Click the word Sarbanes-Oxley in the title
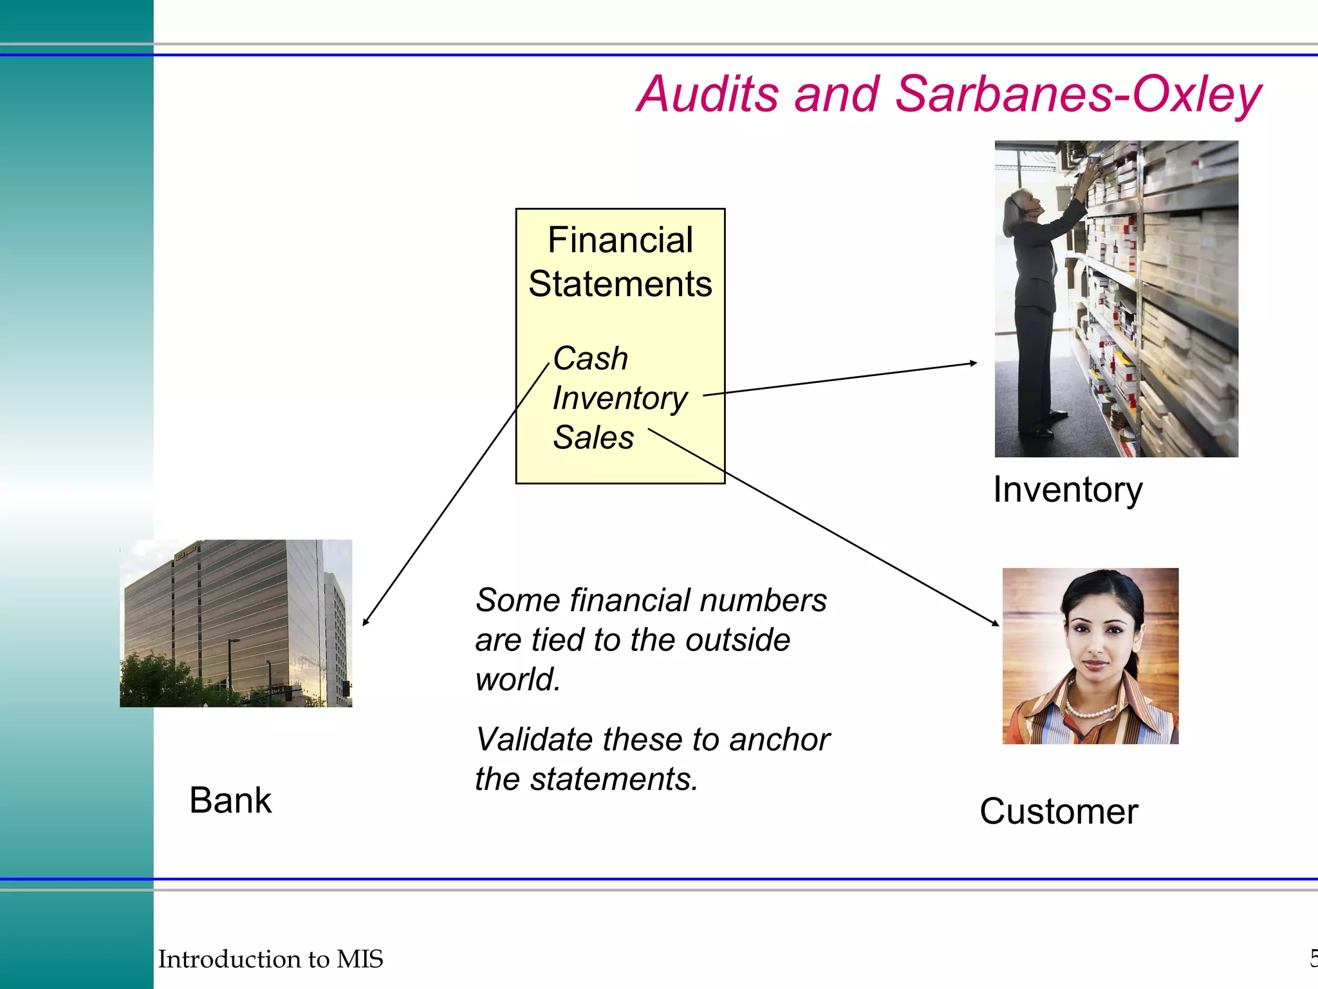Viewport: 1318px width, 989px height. [x=1078, y=94]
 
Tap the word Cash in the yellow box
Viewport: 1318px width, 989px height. [x=590, y=358]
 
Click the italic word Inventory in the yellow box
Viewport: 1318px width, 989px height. [x=620, y=398]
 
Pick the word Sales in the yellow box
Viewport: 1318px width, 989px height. [x=593, y=438]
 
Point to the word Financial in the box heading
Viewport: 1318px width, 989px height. [x=620, y=240]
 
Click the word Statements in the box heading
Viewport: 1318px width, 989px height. [x=620, y=284]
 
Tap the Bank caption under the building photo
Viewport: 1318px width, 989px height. [x=230, y=800]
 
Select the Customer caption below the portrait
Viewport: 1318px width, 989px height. [x=1059, y=811]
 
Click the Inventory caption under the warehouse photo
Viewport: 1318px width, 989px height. [x=1068, y=489]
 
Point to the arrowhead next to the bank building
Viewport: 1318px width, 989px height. [x=366, y=622]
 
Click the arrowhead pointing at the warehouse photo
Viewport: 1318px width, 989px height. [x=973, y=364]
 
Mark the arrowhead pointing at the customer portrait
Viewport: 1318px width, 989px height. [x=996, y=623]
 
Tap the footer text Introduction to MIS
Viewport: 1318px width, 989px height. [x=270, y=959]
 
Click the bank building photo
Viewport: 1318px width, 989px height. [x=236, y=623]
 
